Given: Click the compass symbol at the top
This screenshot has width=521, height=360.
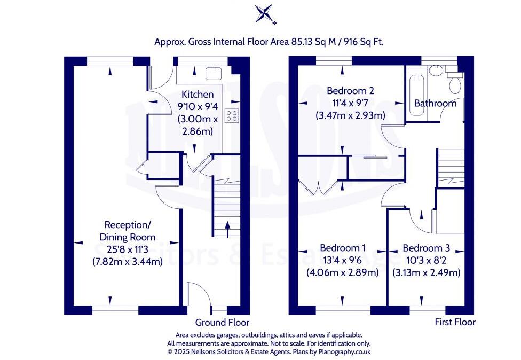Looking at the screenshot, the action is pos(265,14).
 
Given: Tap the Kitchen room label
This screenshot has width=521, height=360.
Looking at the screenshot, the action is pos(198,95).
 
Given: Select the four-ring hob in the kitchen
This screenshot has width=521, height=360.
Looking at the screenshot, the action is pos(231,116).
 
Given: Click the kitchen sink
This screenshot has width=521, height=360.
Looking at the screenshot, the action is pos(214,74).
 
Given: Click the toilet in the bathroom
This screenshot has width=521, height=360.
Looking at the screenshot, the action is pos(455,82).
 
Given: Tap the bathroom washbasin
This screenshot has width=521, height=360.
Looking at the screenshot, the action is pos(435,70).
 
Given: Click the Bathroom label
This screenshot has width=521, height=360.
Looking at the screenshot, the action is pos(435,103).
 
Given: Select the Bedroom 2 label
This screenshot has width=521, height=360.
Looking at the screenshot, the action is pos(350,90).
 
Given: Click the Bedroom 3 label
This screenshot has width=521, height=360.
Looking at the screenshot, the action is pos(427,248).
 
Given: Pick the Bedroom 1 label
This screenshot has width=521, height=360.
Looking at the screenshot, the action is pos(343,248).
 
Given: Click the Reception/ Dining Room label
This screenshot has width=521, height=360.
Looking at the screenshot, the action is pos(128,231).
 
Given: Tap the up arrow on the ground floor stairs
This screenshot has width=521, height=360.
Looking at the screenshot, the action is pos(227,229).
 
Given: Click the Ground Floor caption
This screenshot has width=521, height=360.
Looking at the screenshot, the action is pos(222,323).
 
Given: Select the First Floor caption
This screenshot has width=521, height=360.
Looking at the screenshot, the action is pos(455,322).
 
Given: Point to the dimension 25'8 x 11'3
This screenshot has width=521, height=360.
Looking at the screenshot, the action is pos(128,249).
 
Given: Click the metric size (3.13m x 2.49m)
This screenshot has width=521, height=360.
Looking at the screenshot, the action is pos(427,273).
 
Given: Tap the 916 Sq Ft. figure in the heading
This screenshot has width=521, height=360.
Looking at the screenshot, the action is pos(364,42).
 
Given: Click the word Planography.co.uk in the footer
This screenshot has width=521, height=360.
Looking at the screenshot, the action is pos(344,351).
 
